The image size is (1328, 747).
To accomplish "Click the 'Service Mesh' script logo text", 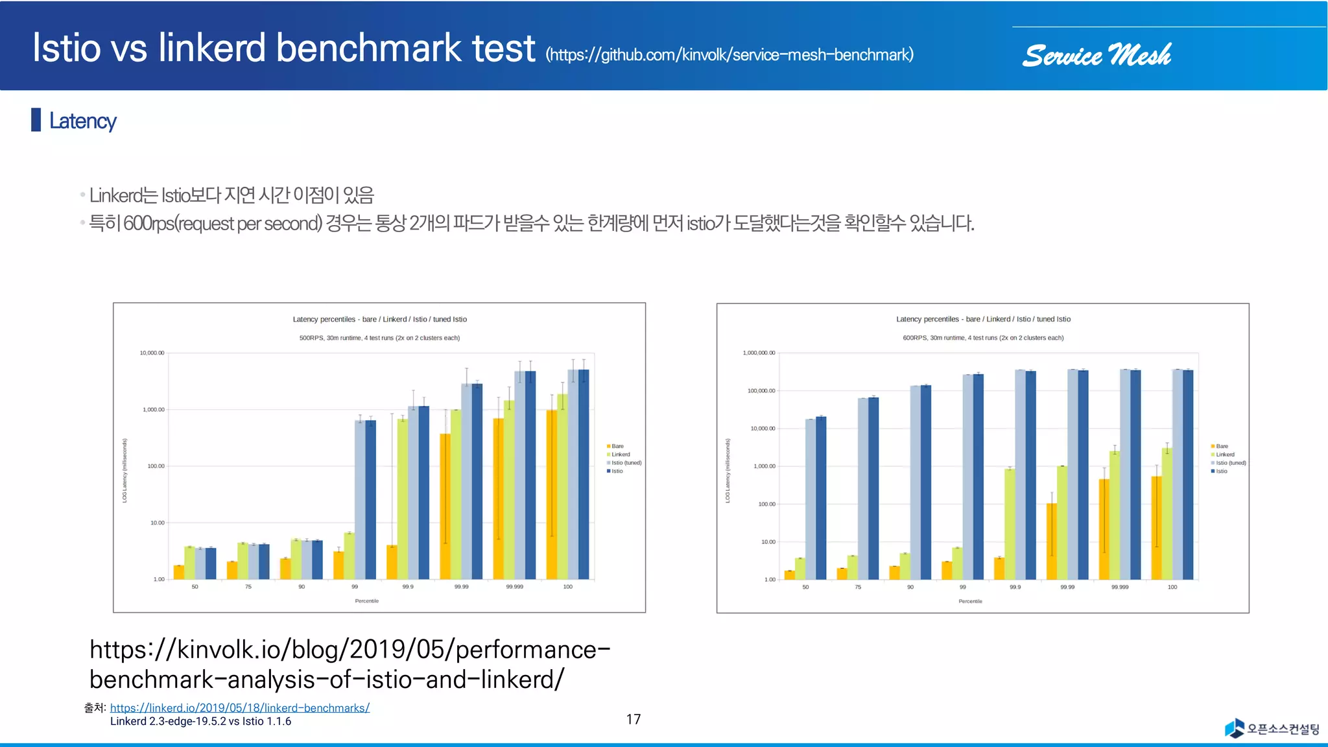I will click(1097, 56).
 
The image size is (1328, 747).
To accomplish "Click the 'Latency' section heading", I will click(82, 121).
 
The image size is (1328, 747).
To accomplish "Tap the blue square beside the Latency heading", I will click(36, 120).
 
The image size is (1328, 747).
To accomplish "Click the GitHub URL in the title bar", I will click(729, 54).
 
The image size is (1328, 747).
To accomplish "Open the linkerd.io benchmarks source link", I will click(239, 708).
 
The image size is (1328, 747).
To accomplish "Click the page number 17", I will click(634, 719).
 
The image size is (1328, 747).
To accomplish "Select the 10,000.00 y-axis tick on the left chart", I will click(152, 353).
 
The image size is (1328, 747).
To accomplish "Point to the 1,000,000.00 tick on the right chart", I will click(759, 353).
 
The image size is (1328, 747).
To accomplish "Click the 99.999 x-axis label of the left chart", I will click(514, 587).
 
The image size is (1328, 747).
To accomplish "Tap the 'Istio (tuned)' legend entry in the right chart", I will click(1230, 463).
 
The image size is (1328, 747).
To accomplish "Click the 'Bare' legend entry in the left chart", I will click(617, 446).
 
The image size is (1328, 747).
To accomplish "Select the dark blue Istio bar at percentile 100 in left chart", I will click(584, 473).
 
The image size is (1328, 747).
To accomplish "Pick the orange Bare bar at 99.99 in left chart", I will click(445, 506).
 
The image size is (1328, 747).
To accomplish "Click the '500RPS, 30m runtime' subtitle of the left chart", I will click(379, 338).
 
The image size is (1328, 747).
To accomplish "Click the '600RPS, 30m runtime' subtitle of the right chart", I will click(983, 338).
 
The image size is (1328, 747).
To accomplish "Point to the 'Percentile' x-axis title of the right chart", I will click(970, 601).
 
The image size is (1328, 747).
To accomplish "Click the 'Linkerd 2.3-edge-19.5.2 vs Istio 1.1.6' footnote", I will click(200, 722).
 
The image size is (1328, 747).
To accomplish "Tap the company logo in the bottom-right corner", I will click(1272, 729).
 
